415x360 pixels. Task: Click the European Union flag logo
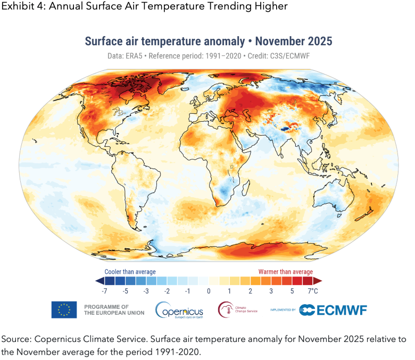64,309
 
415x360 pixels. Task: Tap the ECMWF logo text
333,309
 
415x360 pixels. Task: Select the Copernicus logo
179,309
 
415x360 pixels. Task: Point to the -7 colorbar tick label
105,291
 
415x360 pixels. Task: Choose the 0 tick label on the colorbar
209,291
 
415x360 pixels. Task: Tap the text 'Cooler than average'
130,272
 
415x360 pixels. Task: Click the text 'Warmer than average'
286,272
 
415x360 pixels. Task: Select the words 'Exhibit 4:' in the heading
20,7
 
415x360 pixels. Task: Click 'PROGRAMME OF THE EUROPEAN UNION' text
114,309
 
